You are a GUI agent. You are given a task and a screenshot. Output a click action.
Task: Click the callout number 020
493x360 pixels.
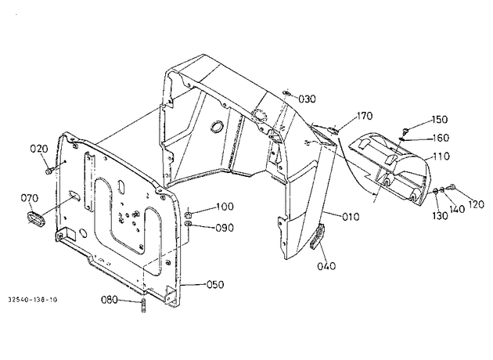click(39, 149)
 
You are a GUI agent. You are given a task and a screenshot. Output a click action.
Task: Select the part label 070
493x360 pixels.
click(30, 199)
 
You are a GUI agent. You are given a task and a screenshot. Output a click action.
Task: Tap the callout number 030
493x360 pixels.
click(307, 99)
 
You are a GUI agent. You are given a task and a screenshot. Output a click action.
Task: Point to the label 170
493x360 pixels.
click(365, 116)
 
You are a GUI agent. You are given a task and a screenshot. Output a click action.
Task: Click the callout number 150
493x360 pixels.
click(439, 120)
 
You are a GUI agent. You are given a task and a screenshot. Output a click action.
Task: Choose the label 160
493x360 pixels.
click(441, 138)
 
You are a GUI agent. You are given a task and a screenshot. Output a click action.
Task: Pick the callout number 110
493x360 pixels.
click(441, 156)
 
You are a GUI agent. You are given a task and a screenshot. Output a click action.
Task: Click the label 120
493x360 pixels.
click(476, 204)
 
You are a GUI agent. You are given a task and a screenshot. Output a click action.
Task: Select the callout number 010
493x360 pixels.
click(351, 217)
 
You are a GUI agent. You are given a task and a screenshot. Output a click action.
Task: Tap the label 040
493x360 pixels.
click(326, 266)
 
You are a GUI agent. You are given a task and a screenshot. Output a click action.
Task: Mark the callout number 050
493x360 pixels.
click(215, 285)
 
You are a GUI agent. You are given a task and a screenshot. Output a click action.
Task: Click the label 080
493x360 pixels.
click(110, 300)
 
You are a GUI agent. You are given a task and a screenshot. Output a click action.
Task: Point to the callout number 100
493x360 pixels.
click(225, 207)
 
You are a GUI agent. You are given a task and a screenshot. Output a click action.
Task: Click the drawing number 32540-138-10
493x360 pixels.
click(33, 300)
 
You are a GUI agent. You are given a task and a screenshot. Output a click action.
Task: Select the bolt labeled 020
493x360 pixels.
click(49, 171)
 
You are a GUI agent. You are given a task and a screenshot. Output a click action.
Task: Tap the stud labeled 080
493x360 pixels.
click(143, 306)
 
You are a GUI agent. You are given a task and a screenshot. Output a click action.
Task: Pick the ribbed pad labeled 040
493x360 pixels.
click(317, 236)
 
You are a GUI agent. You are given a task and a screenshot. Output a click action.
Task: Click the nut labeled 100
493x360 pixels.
click(188, 215)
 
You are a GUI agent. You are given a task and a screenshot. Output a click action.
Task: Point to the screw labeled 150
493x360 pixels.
click(405, 130)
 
